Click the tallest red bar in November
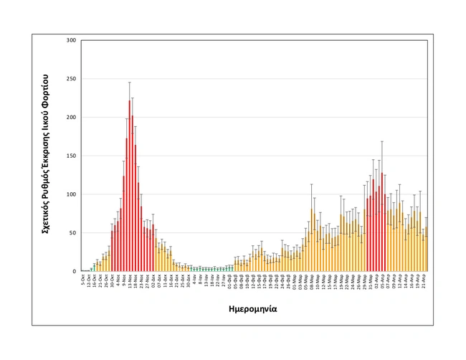(130, 186)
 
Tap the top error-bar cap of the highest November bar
(130, 82)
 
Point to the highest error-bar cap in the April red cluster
(382, 142)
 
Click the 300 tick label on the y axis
(71, 40)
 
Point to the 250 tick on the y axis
(71, 79)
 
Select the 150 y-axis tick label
(71, 156)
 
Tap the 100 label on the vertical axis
(71, 194)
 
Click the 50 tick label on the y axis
(72, 233)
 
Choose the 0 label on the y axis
(74, 272)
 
